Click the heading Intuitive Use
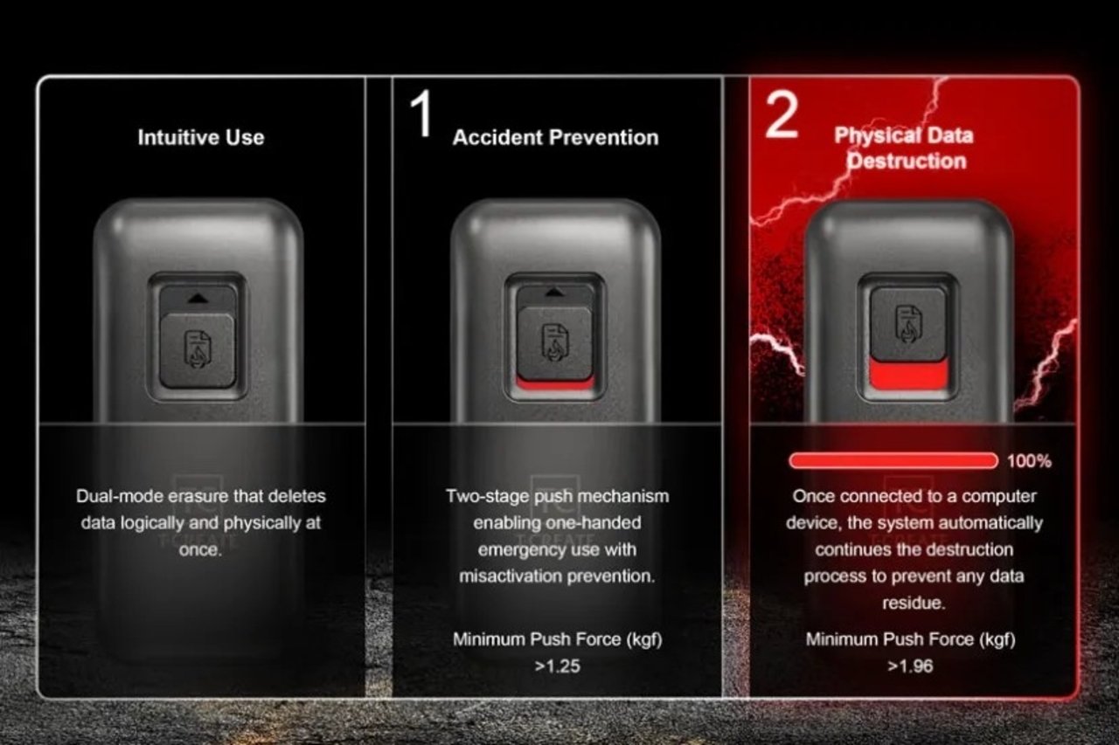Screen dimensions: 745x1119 point(200,137)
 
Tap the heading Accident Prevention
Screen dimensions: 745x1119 point(555,137)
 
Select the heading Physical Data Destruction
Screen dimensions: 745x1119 point(904,148)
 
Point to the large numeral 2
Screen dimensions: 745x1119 point(781,117)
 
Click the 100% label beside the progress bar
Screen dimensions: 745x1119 point(1029,461)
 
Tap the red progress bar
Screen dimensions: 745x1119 point(893,461)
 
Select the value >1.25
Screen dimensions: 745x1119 point(557,666)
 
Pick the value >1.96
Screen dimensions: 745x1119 point(910,666)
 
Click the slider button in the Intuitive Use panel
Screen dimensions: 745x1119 point(197,349)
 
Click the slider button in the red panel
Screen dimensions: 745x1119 point(907,323)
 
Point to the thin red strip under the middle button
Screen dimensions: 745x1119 point(555,383)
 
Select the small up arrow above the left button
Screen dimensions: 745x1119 point(197,298)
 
